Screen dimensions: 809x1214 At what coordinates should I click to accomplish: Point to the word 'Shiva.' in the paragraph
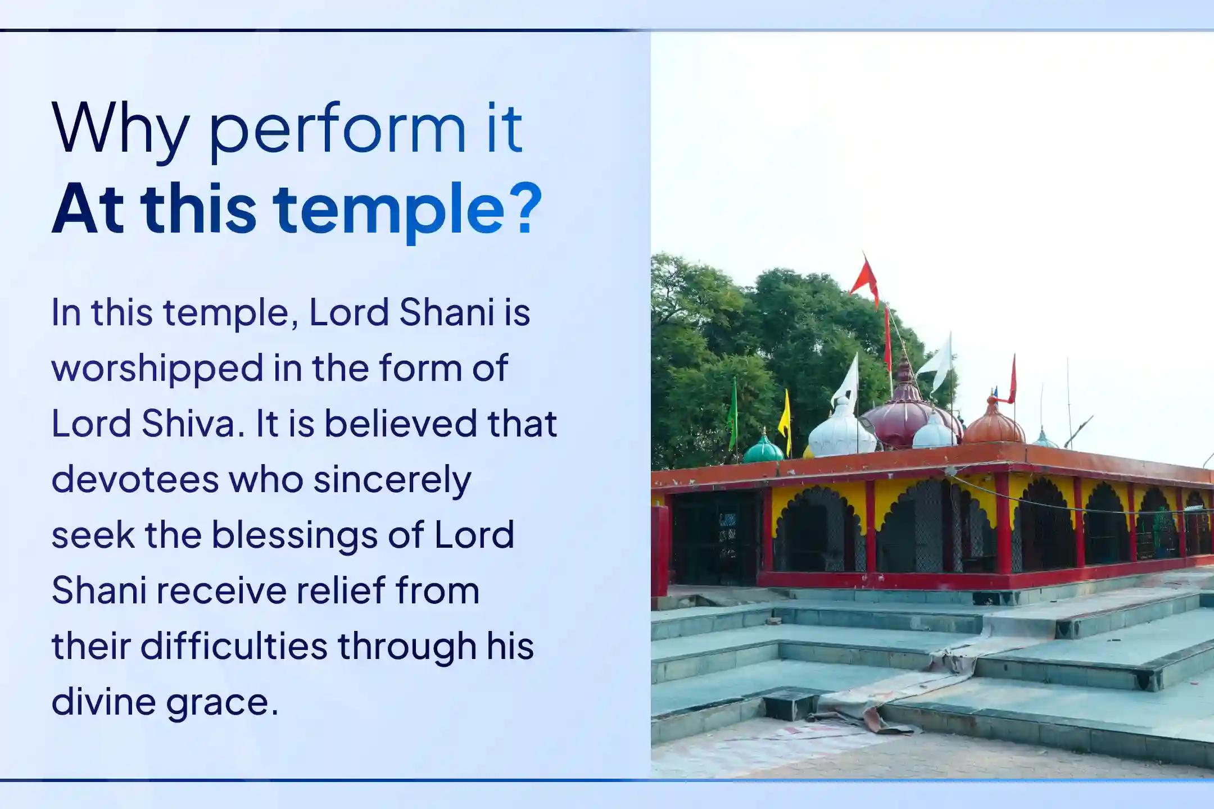tap(194, 424)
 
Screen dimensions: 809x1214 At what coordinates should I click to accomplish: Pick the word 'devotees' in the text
tap(135, 480)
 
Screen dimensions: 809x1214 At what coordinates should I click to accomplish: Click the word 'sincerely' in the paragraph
tap(392, 481)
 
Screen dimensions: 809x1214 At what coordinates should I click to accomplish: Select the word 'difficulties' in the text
tap(234, 646)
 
